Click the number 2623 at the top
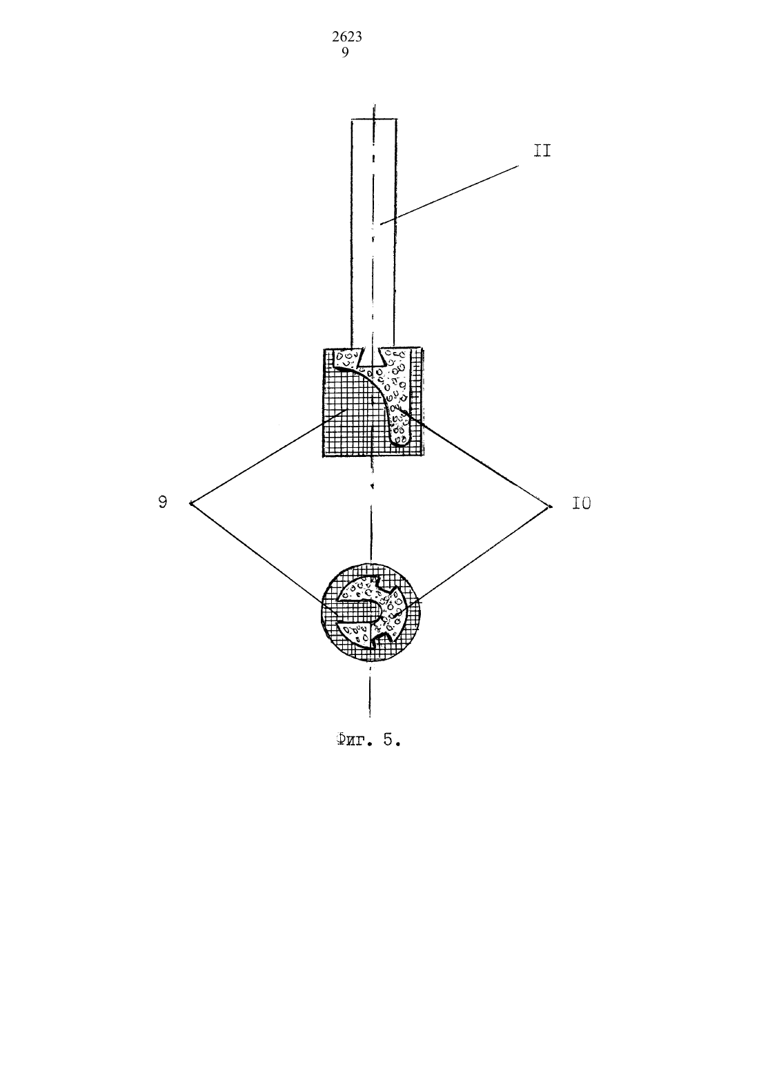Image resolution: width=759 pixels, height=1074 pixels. click(347, 37)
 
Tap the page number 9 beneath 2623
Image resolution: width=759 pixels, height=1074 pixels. click(345, 52)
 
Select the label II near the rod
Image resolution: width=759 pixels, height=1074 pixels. click(542, 151)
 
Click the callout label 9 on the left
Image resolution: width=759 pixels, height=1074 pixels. click(163, 502)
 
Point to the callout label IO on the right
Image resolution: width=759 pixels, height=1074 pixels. click(582, 503)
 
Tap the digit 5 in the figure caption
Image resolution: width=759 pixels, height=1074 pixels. click(388, 739)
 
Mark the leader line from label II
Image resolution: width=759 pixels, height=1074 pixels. click(449, 195)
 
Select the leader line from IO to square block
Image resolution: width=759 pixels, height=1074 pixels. click(477, 458)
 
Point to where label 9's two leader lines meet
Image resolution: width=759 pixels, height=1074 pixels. click(190, 503)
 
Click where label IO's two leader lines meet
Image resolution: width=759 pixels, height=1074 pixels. click(550, 507)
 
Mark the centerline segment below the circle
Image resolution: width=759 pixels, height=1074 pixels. click(371, 690)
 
